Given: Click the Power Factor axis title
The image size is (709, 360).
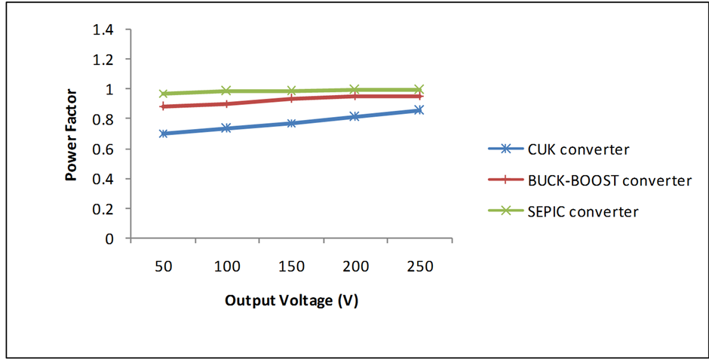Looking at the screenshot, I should [x=72, y=134].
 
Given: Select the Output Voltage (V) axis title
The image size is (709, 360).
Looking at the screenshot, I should [x=291, y=300].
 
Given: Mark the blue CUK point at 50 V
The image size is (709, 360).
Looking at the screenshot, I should [x=163, y=134].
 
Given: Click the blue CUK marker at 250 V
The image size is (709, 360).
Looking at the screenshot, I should [x=419, y=110].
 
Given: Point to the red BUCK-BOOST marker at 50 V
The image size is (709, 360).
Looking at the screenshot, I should [x=163, y=106].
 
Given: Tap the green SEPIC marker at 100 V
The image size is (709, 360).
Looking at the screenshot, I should [x=227, y=91].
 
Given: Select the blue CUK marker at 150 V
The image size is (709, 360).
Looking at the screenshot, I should [x=291, y=123].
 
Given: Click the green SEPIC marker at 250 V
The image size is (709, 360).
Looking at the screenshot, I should [x=419, y=90].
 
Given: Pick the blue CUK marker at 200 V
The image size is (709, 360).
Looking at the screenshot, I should [x=355, y=116].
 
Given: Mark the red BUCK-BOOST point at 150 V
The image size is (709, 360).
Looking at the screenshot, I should [x=291, y=99].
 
